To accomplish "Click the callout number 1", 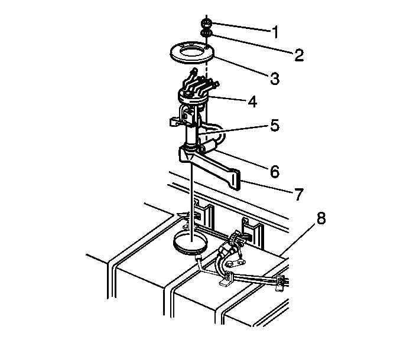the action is (x=275, y=32).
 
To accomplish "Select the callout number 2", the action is (x=299, y=55).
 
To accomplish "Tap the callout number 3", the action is (x=275, y=78).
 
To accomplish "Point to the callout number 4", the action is (x=252, y=102).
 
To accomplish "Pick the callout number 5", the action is (x=275, y=125).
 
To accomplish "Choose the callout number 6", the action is (x=275, y=171).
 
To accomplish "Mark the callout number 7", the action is (x=299, y=194).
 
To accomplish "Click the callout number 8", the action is (x=321, y=218).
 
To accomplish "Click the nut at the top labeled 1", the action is (x=206, y=24).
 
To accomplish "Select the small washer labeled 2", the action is (x=206, y=33).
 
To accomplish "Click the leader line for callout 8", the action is (x=299, y=241).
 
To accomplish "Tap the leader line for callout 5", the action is (x=233, y=130).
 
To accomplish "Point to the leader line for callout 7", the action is (x=267, y=186).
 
